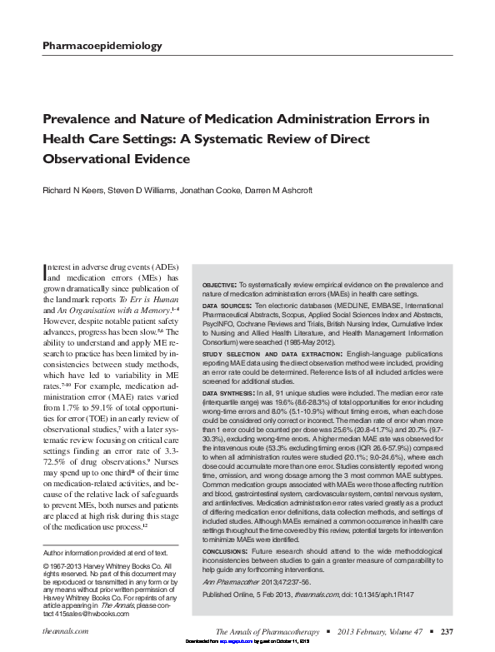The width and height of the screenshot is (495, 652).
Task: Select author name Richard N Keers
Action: click(76, 191)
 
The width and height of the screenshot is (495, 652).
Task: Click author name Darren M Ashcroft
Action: click(277, 191)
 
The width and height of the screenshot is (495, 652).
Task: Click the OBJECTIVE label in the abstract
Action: click(220, 286)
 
